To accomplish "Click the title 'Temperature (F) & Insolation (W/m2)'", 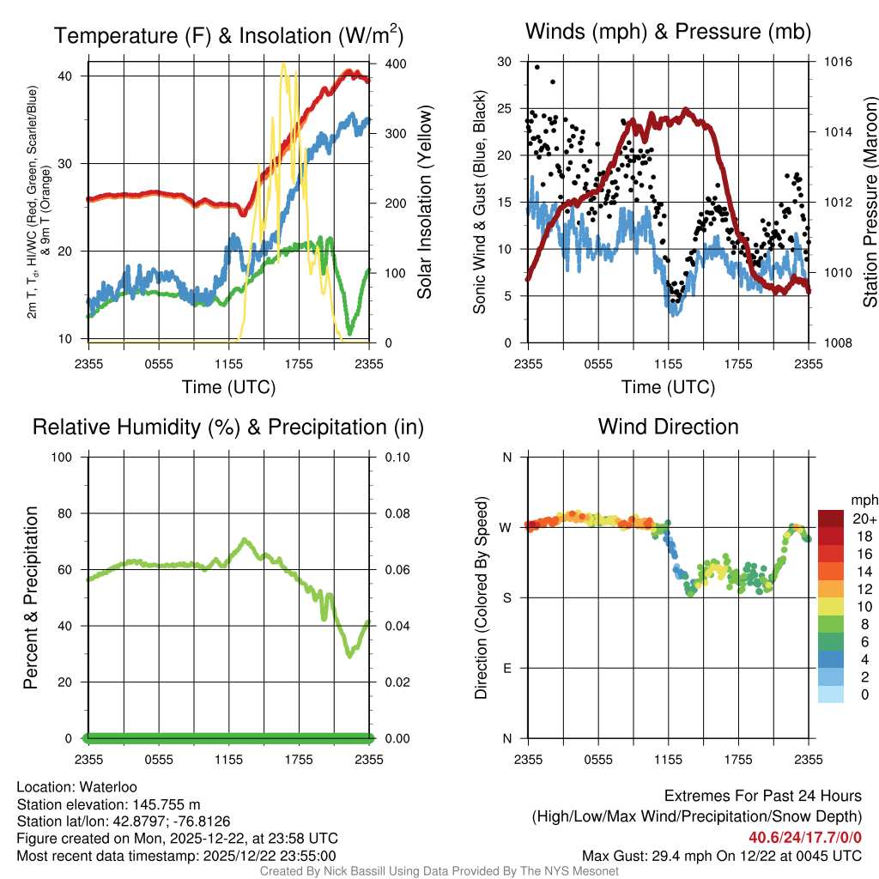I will click(228, 35).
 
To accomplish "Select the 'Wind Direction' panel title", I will click(668, 427).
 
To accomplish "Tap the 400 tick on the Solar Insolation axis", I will click(396, 64).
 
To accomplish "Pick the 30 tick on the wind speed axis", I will click(505, 62).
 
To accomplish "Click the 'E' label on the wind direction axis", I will click(506, 668).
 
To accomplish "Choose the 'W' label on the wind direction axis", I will click(506, 527).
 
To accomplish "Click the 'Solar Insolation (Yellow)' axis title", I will click(425, 203).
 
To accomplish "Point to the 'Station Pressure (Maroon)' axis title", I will click(870, 203).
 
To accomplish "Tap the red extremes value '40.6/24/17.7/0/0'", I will click(804, 838).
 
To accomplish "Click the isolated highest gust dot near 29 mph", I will click(537, 67).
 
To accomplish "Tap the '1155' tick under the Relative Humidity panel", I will click(229, 759).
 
